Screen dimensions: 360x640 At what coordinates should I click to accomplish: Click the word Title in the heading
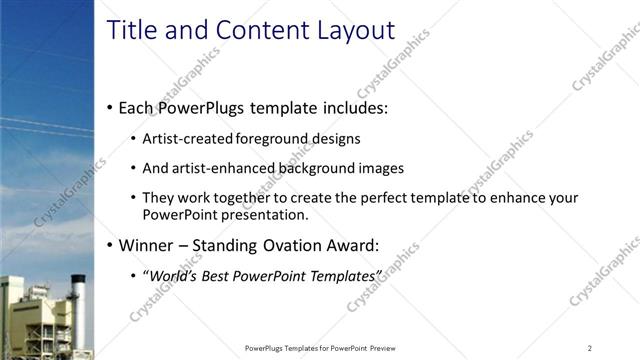(132, 30)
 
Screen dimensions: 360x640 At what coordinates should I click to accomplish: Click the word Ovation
(301, 245)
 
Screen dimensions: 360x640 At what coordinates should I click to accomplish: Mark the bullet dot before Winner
(109, 245)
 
